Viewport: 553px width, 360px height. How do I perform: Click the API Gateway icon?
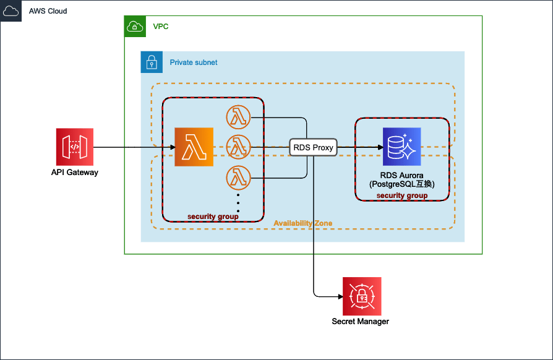pyautogui.click(x=75, y=147)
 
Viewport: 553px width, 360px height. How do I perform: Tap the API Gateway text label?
pyautogui.click(x=75, y=173)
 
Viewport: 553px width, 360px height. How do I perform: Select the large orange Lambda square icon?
pyautogui.click(x=194, y=147)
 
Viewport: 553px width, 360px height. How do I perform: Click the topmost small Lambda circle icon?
pyautogui.click(x=238, y=116)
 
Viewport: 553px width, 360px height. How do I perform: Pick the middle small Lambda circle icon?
pyautogui.click(x=238, y=147)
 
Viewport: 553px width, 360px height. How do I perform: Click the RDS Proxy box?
pyautogui.click(x=314, y=147)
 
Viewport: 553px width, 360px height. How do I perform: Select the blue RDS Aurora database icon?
pyautogui.click(x=401, y=147)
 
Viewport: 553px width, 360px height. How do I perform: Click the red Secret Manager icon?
pyautogui.click(x=362, y=296)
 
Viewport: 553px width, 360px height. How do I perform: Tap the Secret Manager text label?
pyautogui.click(x=361, y=322)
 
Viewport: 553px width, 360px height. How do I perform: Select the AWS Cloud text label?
pyautogui.click(x=48, y=11)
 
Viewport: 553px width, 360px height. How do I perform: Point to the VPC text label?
pyautogui.click(x=161, y=27)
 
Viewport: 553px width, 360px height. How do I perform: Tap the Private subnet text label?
pyautogui.click(x=194, y=62)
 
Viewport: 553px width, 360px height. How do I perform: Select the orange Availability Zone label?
pyautogui.click(x=302, y=223)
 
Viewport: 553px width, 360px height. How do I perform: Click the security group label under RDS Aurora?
pyautogui.click(x=402, y=195)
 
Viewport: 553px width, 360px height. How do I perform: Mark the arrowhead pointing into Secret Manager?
pyautogui.click(x=339, y=296)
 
